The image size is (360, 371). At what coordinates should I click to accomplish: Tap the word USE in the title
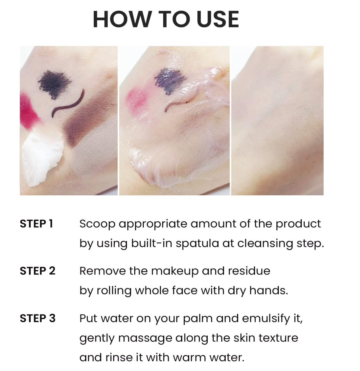coord(218,20)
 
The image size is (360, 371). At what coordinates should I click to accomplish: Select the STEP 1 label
coord(36,224)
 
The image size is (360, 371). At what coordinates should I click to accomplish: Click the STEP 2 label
coord(38,271)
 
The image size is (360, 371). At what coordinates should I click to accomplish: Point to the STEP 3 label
coord(38,318)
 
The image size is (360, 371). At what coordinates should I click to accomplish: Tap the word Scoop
coord(97,224)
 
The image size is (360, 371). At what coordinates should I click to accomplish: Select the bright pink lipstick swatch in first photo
coord(29,110)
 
